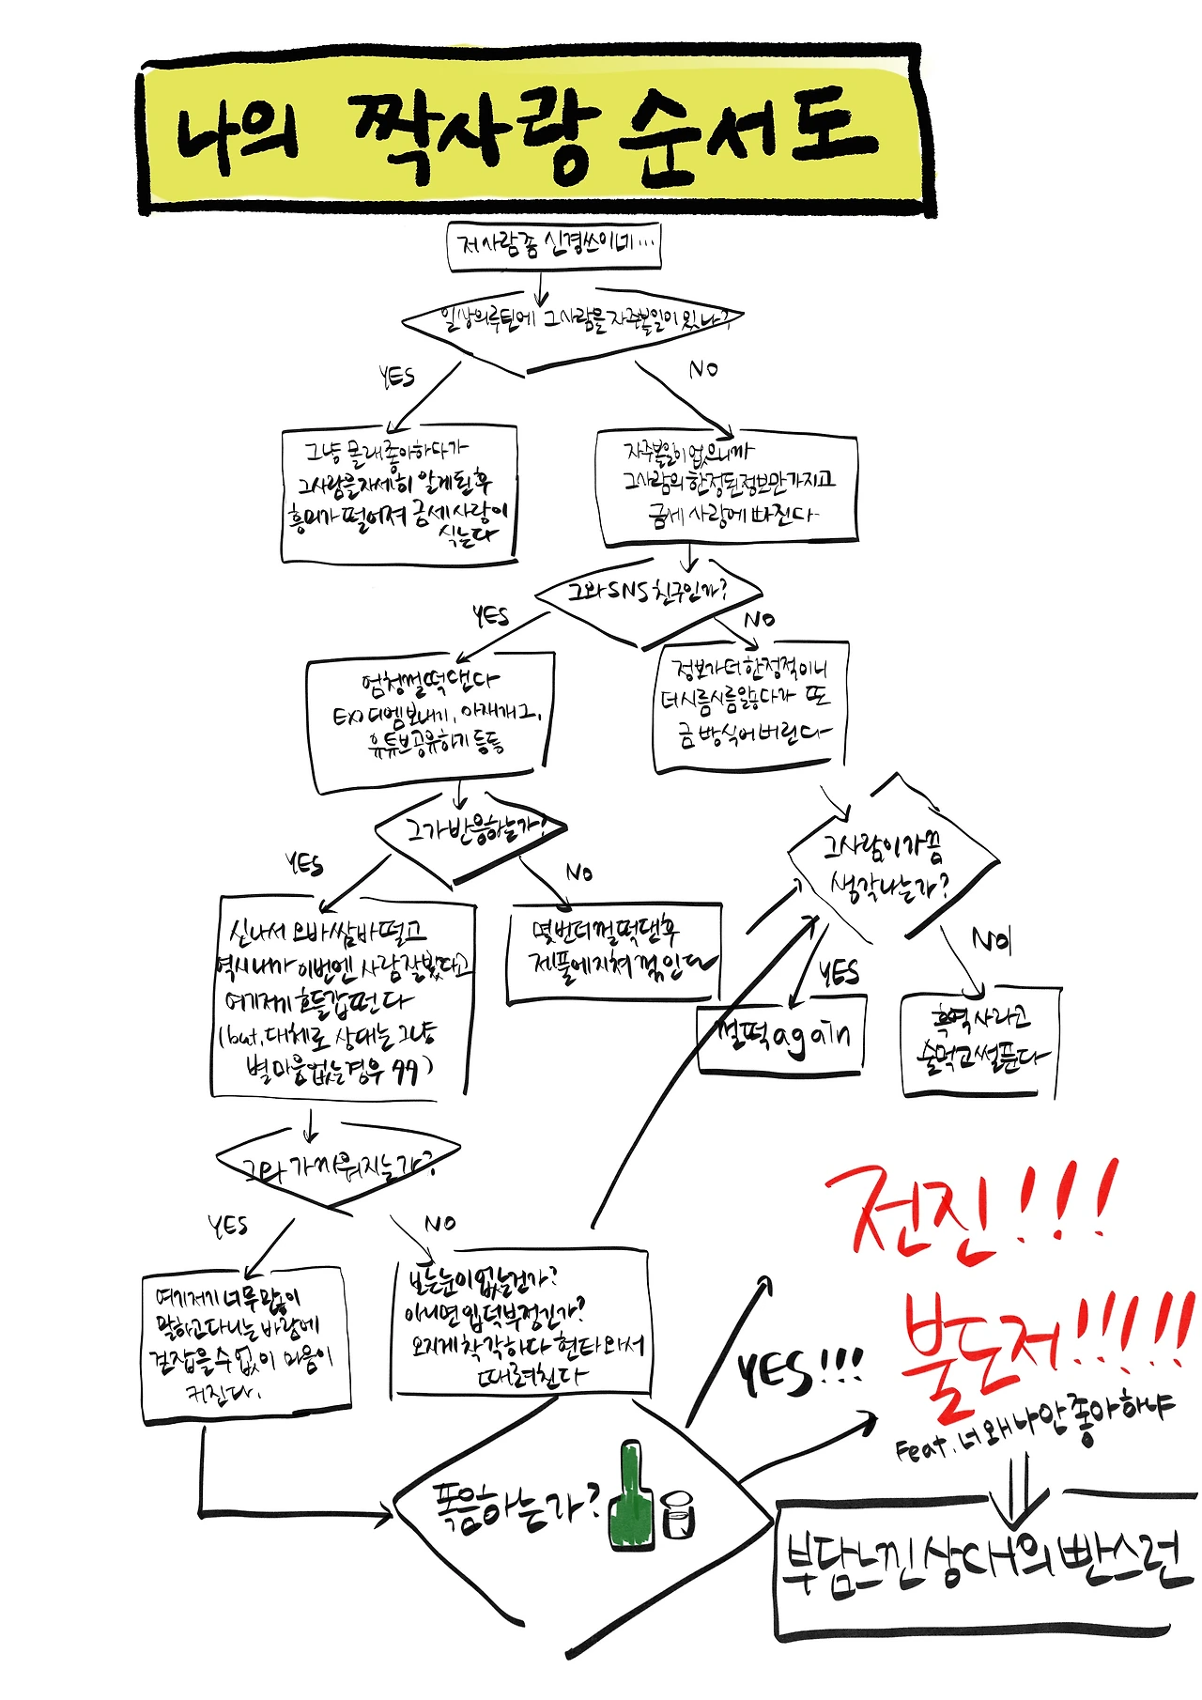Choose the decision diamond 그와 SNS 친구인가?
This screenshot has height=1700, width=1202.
click(x=648, y=592)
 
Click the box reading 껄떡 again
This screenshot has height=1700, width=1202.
click(x=780, y=1038)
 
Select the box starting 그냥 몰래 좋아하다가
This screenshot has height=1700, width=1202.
click(x=400, y=493)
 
